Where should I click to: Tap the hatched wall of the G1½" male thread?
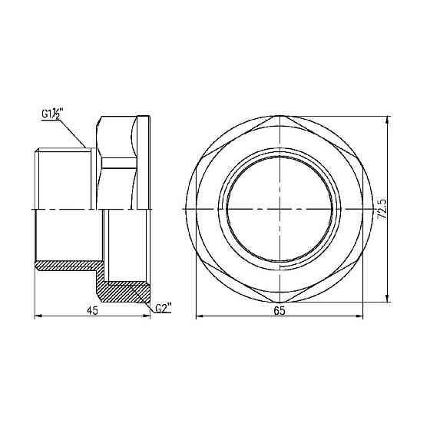(65, 266)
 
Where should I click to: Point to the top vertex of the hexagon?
(279, 117)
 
